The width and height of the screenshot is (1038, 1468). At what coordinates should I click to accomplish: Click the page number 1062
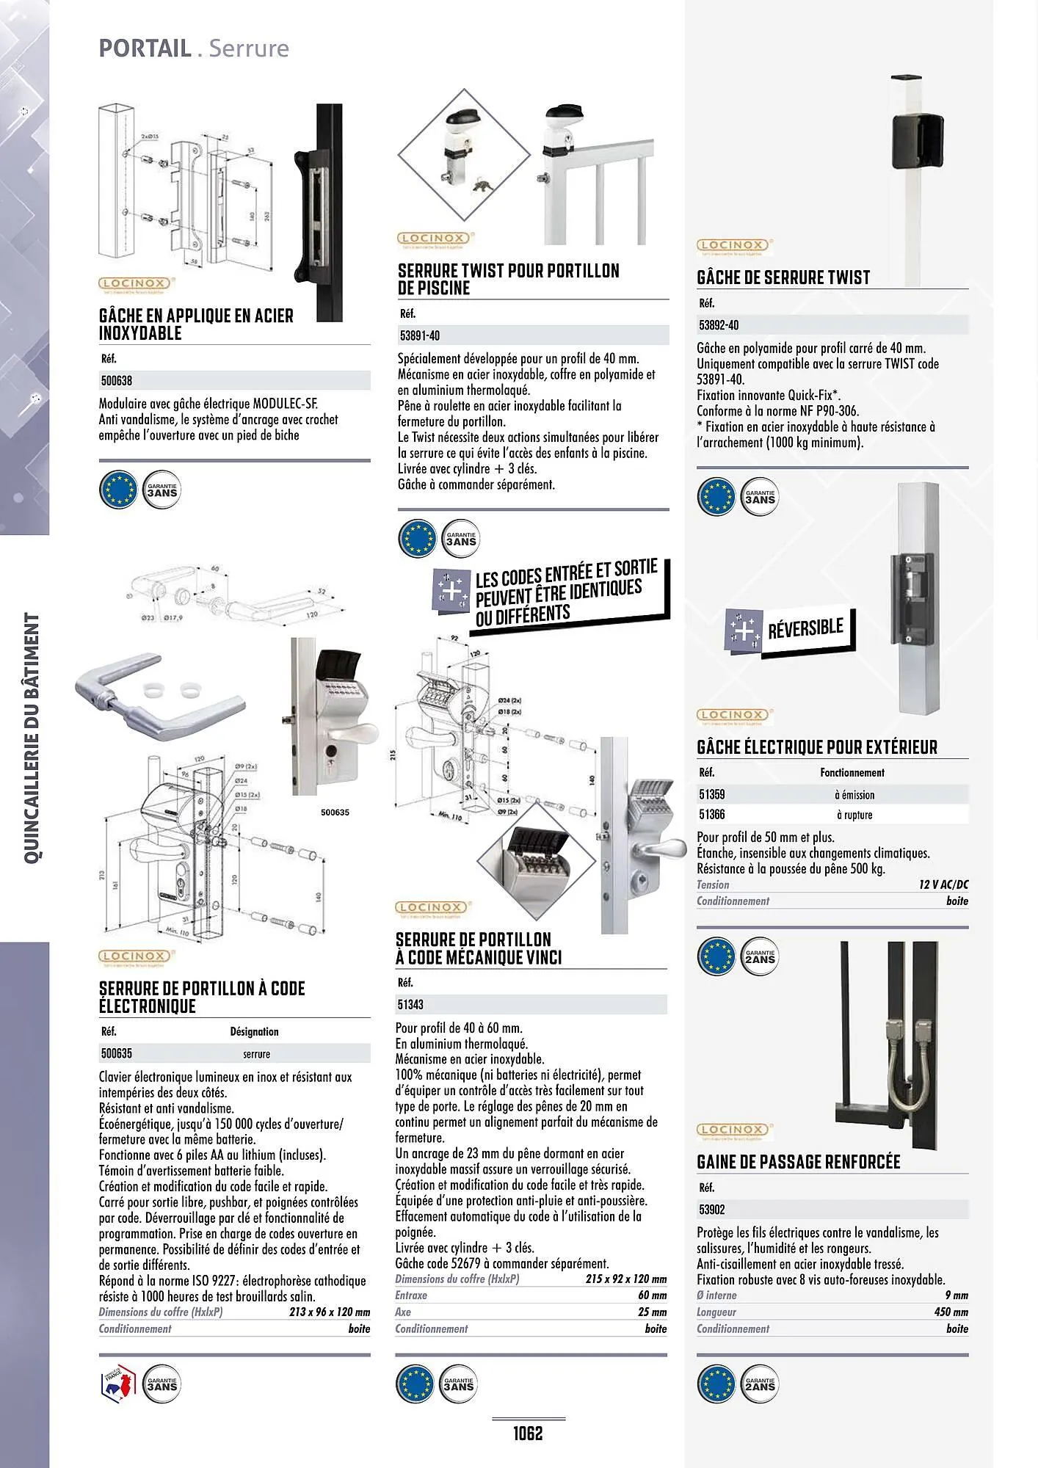(x=528, y=1432)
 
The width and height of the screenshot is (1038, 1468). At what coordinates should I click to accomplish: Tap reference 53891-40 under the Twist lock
(x=418, y=335)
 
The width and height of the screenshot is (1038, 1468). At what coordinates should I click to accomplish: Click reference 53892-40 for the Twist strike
(x=719, y=324)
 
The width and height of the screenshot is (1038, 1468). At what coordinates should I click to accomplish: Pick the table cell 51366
(x=711, y=814)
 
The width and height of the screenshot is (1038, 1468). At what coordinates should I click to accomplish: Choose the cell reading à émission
(x=854, y=794)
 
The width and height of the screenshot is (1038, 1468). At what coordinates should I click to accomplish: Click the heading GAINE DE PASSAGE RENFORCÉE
(x=798, y=1162)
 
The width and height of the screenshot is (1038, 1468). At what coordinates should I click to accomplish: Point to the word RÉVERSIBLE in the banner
(x=805, y=628)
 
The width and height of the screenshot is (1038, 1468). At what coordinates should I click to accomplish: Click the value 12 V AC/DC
(x=943, y=884)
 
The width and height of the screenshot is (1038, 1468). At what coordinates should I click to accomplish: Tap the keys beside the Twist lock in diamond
(x=483, y=186)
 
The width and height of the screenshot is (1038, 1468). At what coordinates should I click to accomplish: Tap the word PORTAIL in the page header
(x=145, y=48)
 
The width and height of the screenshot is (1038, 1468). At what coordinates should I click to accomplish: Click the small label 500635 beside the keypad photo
(x=335, y=813)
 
